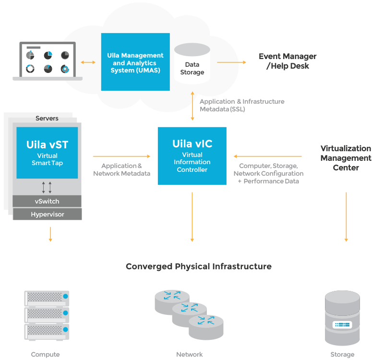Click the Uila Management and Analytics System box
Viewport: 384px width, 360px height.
pos(135,62)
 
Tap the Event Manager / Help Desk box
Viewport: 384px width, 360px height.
pos(287,61)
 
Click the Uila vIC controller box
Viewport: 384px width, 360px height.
pos(192,156)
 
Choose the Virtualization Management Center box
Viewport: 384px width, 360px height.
pos(346,157)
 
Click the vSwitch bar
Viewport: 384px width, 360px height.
pos(47,201)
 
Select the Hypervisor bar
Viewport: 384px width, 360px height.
pos(47,214)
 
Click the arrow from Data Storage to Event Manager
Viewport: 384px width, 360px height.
pos(231,62)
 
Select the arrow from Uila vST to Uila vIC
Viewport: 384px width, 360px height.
pos(121,156)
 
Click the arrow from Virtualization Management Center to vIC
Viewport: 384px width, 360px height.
pos(268,156)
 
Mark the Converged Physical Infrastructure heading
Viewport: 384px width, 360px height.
pos(198,266)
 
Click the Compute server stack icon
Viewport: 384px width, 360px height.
pos(47,314)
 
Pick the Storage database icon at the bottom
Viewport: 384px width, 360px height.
pos(342,318)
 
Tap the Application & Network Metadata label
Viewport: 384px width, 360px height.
pos(121,169)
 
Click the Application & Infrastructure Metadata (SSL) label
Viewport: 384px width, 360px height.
pos(242,105)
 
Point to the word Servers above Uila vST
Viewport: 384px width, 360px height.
pos(47,118)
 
